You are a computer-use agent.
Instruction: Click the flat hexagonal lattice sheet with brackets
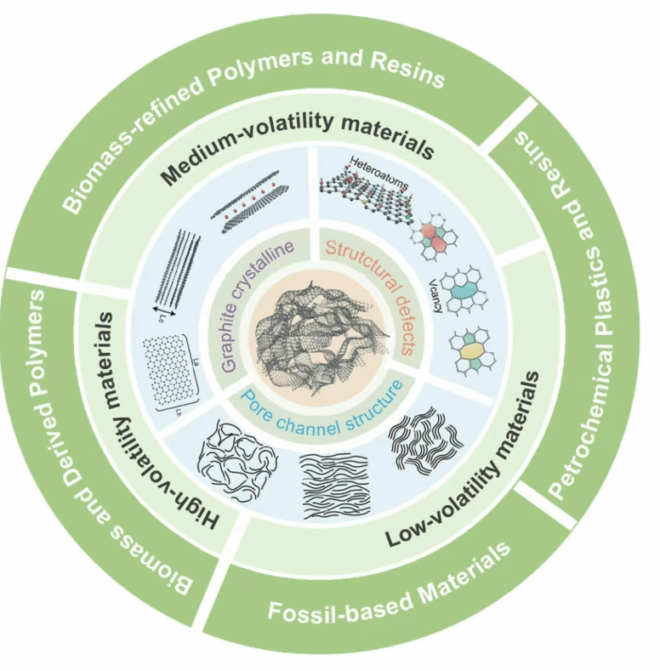click(179, 374)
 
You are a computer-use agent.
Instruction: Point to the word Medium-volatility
click(233, 149)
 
